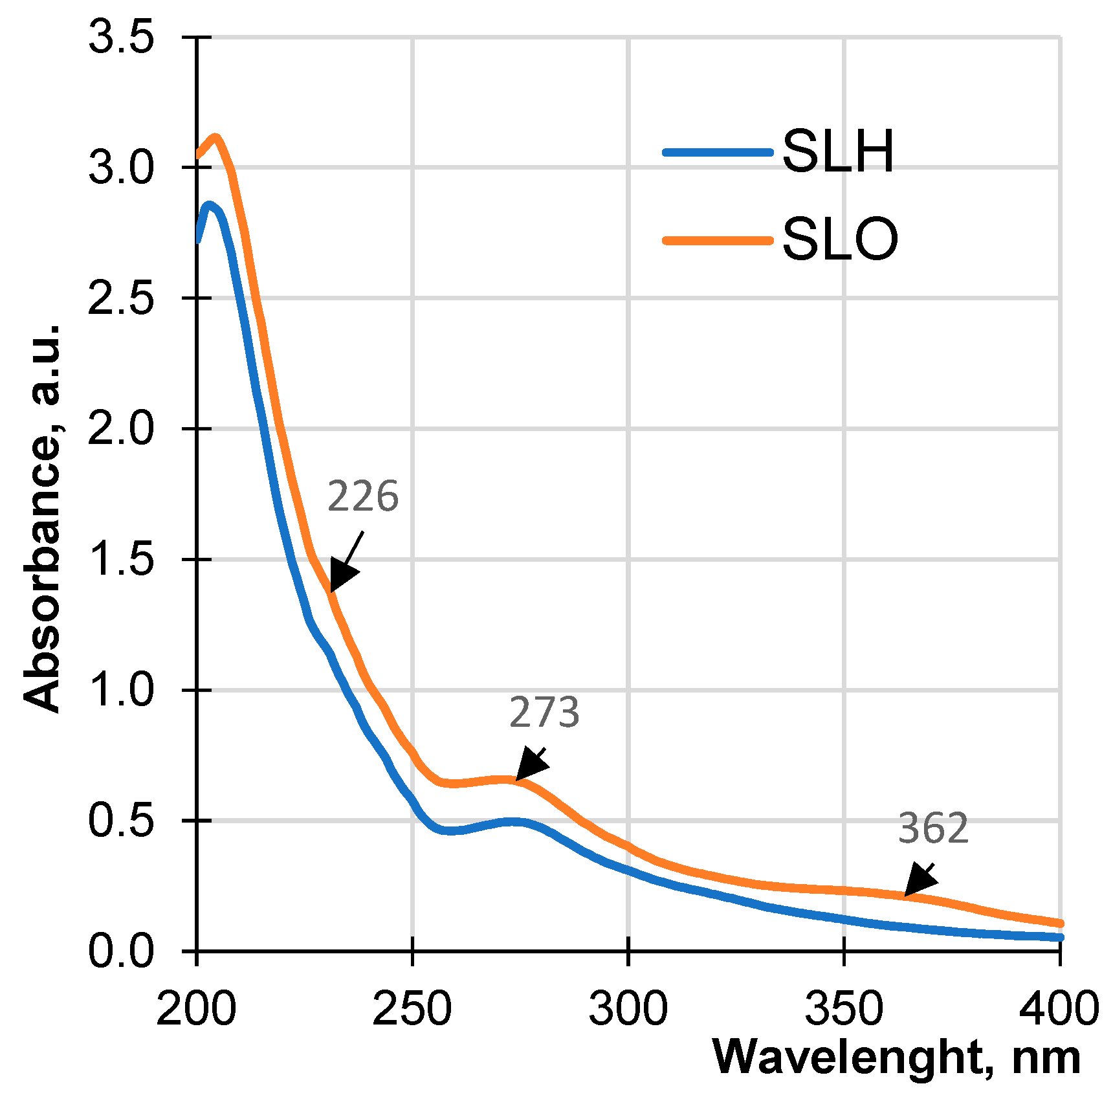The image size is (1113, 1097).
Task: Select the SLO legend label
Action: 840,239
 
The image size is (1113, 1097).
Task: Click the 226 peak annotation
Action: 362,497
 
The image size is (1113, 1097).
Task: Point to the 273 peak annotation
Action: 544,713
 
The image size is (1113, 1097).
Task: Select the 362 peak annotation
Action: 933,828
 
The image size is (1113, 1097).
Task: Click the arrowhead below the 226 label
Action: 341,575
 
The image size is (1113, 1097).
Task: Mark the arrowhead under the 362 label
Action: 919,881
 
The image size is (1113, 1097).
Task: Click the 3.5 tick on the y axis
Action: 121,36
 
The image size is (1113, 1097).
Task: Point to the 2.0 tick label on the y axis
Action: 121,428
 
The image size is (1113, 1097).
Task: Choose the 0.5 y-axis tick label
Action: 121,820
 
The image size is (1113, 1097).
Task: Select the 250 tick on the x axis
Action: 412,1008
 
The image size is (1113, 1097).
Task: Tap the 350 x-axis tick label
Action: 844,1008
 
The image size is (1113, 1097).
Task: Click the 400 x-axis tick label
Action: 1059,1008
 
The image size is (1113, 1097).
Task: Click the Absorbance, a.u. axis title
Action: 41,518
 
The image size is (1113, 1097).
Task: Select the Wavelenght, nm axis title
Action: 896,1058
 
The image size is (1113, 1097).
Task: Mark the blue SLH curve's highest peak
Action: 208,205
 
